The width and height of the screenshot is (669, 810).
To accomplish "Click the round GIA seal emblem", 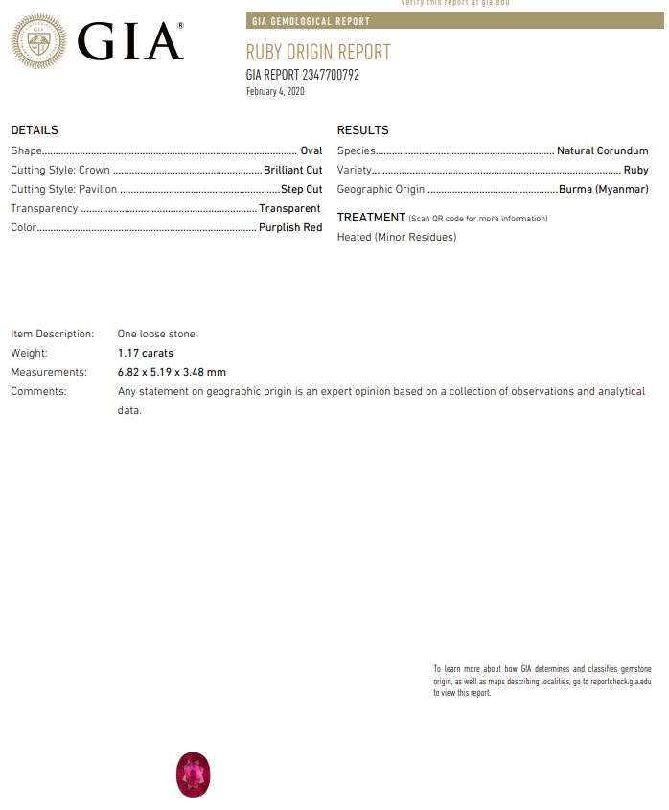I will [38, 42].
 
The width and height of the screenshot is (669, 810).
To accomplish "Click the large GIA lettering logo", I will [129, 42].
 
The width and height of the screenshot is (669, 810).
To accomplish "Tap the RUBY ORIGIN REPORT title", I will [318, 53].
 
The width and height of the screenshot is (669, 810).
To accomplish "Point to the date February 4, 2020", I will [275, 92].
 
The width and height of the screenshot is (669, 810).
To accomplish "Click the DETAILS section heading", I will [35, 130].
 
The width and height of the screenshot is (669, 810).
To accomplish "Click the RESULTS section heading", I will [362, 130].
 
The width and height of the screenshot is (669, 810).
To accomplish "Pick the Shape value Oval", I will [311, 150].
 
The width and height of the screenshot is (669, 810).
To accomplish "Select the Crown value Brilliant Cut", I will [292, 170].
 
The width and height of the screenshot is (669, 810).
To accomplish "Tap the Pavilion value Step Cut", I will [301, 189].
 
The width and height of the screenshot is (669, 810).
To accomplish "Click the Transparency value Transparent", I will [289, 208].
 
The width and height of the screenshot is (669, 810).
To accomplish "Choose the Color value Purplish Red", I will [290, 227].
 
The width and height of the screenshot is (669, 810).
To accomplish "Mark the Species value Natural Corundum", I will [602, 150].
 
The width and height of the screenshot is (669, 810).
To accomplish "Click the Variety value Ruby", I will [635, 170].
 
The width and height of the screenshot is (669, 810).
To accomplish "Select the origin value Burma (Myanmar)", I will [603, 189].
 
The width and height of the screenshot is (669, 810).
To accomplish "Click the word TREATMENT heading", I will [371, 218].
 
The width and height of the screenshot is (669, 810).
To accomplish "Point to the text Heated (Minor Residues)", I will [397, 237].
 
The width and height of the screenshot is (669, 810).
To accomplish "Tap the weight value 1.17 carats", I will [146, 353].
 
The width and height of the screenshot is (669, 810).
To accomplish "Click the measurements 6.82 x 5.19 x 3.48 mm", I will [172, 372].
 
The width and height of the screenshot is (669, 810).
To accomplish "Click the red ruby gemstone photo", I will [193, 775].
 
